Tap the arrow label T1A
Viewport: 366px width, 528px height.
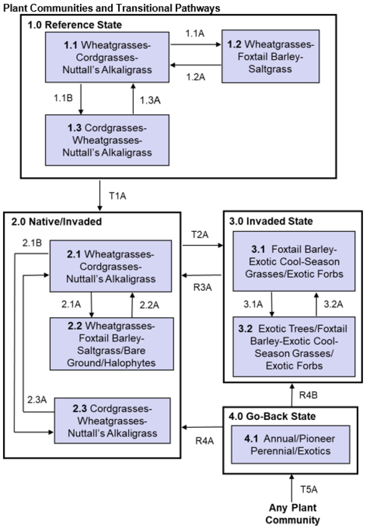pyautogui.click(x=117, y=196)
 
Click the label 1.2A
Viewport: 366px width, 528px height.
pyautogui.click(x=195, y=77)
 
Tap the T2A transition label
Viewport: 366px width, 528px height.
pyautogui.click(x=199, y=235)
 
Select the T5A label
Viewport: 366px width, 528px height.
pyautogui.click(x=309, y=490)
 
